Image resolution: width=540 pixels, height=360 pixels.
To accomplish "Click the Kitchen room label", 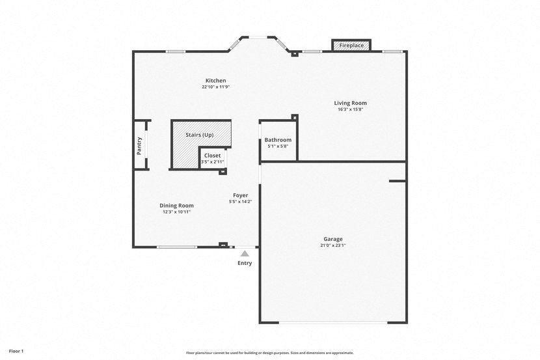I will tap(215, 81).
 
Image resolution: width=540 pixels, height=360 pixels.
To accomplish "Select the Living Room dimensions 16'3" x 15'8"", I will tap(350, 109).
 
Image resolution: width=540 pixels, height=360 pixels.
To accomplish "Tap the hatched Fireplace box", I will tap(351, 46).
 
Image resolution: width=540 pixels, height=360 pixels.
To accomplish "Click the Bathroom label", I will tap(278, 140).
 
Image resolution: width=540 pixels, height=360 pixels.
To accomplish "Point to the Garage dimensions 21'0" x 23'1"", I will tap(332, 245).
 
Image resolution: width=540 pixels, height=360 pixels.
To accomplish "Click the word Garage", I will tap(332, 239).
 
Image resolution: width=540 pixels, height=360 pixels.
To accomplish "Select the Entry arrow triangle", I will tap(245, 254).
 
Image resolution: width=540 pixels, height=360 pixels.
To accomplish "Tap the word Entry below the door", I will tap(245, 263).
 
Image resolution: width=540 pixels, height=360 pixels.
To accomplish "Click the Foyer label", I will tap(241, 195).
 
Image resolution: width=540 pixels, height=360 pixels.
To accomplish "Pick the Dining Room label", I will tap(176, 206).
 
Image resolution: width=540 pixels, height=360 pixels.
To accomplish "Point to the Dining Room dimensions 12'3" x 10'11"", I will tap(176, 212).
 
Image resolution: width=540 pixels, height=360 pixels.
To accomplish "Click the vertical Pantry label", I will tap(139, 145).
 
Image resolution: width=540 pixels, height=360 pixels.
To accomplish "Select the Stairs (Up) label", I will tap(199, 135).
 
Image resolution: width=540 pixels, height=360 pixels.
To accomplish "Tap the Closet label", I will tap(212, 156).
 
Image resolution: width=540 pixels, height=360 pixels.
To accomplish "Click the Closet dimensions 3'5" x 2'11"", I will tap(212, 161).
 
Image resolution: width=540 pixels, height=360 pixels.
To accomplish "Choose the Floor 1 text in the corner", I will tap(12, 351).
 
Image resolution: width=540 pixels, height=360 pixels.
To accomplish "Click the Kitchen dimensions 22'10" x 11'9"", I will tap(215, 87).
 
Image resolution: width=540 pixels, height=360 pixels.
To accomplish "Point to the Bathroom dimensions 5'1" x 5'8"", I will tap(278, 146).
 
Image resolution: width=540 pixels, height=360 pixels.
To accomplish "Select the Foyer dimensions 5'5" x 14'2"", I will tap(241, 202).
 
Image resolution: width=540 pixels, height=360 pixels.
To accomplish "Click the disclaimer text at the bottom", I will tap(269, 353).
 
